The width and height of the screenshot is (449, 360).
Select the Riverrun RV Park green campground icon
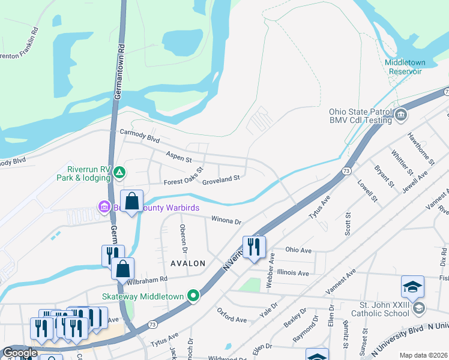119,173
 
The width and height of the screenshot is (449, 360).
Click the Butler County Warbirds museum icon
104,208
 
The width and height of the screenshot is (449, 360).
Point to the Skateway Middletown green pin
193,296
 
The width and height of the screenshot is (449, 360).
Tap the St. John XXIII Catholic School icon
418,308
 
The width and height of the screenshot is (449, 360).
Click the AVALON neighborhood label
188,263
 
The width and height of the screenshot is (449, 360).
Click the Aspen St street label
178,157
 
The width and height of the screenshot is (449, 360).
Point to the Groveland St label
220,178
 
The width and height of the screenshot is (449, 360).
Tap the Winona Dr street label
225,220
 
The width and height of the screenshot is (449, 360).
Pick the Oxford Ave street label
232,316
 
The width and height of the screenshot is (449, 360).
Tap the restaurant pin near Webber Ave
254,247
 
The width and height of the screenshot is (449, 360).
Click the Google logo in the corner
20,353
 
